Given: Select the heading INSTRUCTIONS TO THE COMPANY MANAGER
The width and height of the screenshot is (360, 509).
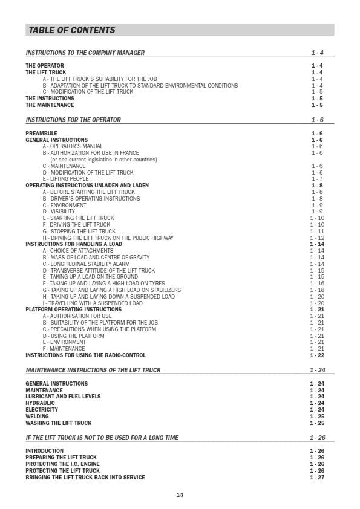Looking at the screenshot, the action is pyautogui.click(x=85, y=53).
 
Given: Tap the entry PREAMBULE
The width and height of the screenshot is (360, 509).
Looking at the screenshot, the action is pyautogui.click(x=41, y=134).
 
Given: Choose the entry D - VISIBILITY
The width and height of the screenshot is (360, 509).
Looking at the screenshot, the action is pyautogui.click(x=59, y=212).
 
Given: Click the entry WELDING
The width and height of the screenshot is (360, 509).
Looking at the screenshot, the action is pyautogui.click(x=37, y=417).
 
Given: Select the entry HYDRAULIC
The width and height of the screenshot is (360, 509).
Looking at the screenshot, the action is pyautogui.click(x=40, y=403).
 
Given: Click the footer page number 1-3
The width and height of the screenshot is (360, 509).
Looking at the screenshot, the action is pyautogui.click(x=180, y=495).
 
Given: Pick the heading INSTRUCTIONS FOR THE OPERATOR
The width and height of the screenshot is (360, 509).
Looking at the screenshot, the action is pyautogui.click(x=73, y=120).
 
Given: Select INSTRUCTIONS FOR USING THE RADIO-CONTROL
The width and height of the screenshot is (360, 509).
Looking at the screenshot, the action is pyautogui.click(x=85, y=355).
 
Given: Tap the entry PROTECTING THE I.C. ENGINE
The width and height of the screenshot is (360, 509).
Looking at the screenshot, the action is pyautogui.click(x=62, y=464).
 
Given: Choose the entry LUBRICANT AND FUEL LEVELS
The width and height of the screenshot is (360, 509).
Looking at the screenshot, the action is pyautogui.click(x=63, y=397).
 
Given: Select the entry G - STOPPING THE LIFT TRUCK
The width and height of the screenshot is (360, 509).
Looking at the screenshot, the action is pyautogui.click(x=79, y=232).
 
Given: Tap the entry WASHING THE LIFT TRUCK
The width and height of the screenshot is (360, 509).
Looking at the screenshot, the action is pyautogui.click(x=58, y=423).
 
